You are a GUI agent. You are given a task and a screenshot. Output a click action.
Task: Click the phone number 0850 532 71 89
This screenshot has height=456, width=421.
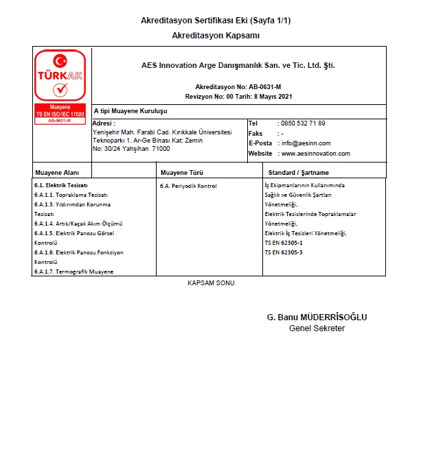pyautogui.click(x=303, y=123)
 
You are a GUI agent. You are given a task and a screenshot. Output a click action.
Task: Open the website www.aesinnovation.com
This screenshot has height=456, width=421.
pyautogui.click(x=316, y=154)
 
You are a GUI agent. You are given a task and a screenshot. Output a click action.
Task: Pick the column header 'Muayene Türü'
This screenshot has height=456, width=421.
pyautogui.click(x=181, y=173)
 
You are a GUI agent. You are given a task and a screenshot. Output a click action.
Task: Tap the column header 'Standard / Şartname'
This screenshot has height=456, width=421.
pyautogui.click(x=299, y=173)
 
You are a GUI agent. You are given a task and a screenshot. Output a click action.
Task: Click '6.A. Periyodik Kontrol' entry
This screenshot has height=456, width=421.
pyautogui.click(x=188, y=186)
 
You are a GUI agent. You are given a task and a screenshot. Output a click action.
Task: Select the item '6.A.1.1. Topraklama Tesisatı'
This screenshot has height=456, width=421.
pyautogui.click(x=71, y=195)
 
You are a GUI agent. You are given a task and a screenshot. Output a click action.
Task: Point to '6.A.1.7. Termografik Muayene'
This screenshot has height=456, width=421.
pyautogui.click(x=74, y=272)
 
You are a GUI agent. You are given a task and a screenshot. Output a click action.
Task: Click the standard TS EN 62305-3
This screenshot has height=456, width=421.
pyautogui.click(x=284, y=252)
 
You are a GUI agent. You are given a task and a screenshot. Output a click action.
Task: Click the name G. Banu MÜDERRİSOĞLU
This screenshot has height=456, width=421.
pyautogui.click(x=317, y=317)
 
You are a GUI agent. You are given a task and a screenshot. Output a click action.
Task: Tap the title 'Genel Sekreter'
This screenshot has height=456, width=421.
pyautogui.click(x=317, y=328)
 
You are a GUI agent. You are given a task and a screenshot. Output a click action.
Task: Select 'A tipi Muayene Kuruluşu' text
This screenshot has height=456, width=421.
pyautogui.click(x=130, y=110)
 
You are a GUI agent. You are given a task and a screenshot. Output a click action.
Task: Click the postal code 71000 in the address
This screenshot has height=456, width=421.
pyautogui.click(x=161, y=148)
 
